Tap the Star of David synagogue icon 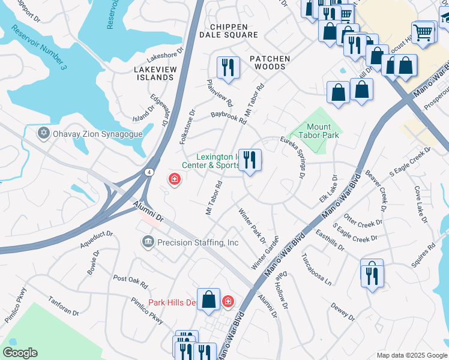(x=43, y=133)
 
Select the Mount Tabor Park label (x=318, y=131)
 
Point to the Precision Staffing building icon (x=148, y=242)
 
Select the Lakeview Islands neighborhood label (x=154, y=74)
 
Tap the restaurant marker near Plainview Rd (x=228, y=67)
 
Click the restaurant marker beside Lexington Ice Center (x=250, y=160)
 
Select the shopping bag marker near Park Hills (x=208, y=299)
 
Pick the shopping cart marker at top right (x=423, y=32)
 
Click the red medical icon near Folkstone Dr (x=175, y=179)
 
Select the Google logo (x=20, y=353)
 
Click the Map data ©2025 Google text (x=411, y=355)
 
